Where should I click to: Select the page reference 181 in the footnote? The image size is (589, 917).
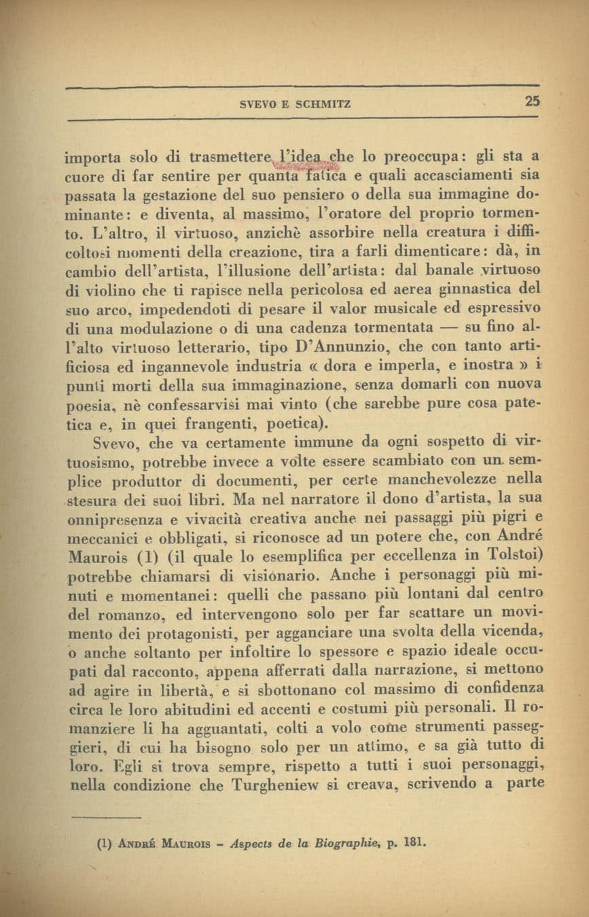(x=414, y=846)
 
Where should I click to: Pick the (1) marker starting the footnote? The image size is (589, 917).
(x=105, y=846)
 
